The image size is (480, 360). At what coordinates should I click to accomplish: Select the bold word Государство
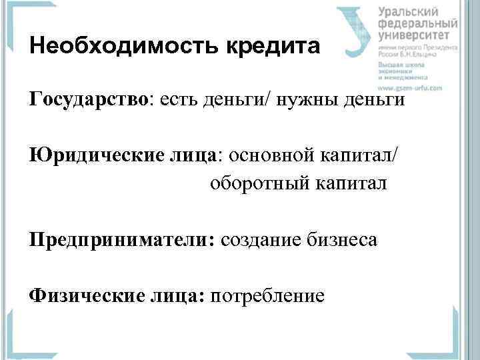tap(90, 100)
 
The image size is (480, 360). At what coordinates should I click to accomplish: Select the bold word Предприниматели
tap(119, 239)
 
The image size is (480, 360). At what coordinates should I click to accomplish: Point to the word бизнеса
tap(341, 239)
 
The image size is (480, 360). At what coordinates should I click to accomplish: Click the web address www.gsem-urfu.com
tap(409, 87)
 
